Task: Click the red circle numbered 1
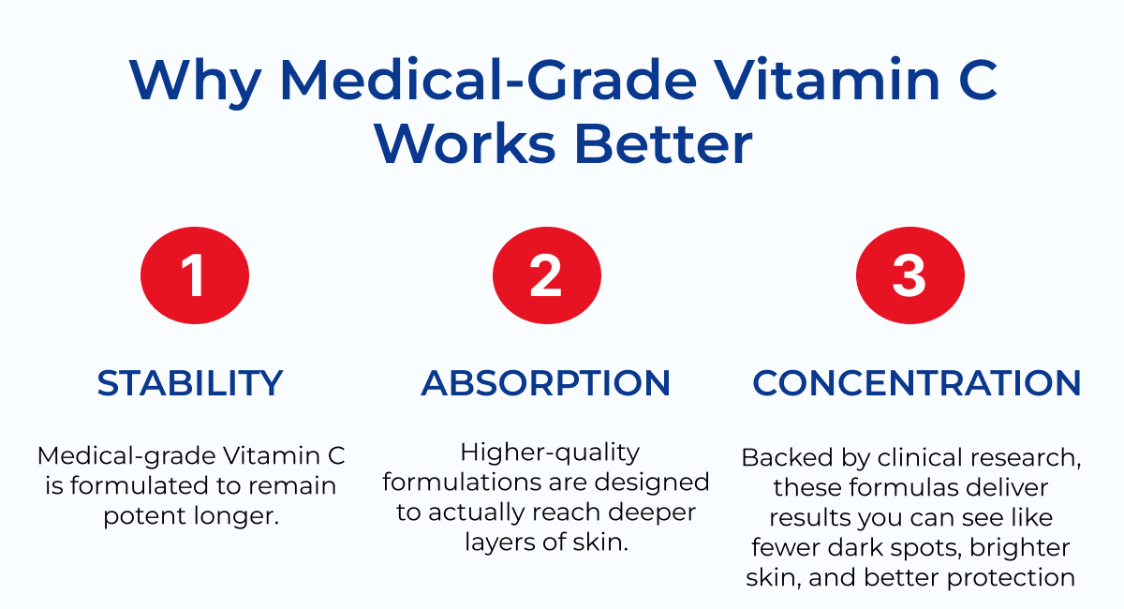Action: (x=194, y=276)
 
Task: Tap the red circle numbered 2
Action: (x=546, y=276)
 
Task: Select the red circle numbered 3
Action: (x=910, y=276)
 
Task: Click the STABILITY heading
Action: (x=190, y=383)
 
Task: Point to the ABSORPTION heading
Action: (x=546, y=383)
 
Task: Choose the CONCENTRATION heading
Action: (x=917, y=383)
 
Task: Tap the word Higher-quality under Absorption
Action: (x=550, y=453)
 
